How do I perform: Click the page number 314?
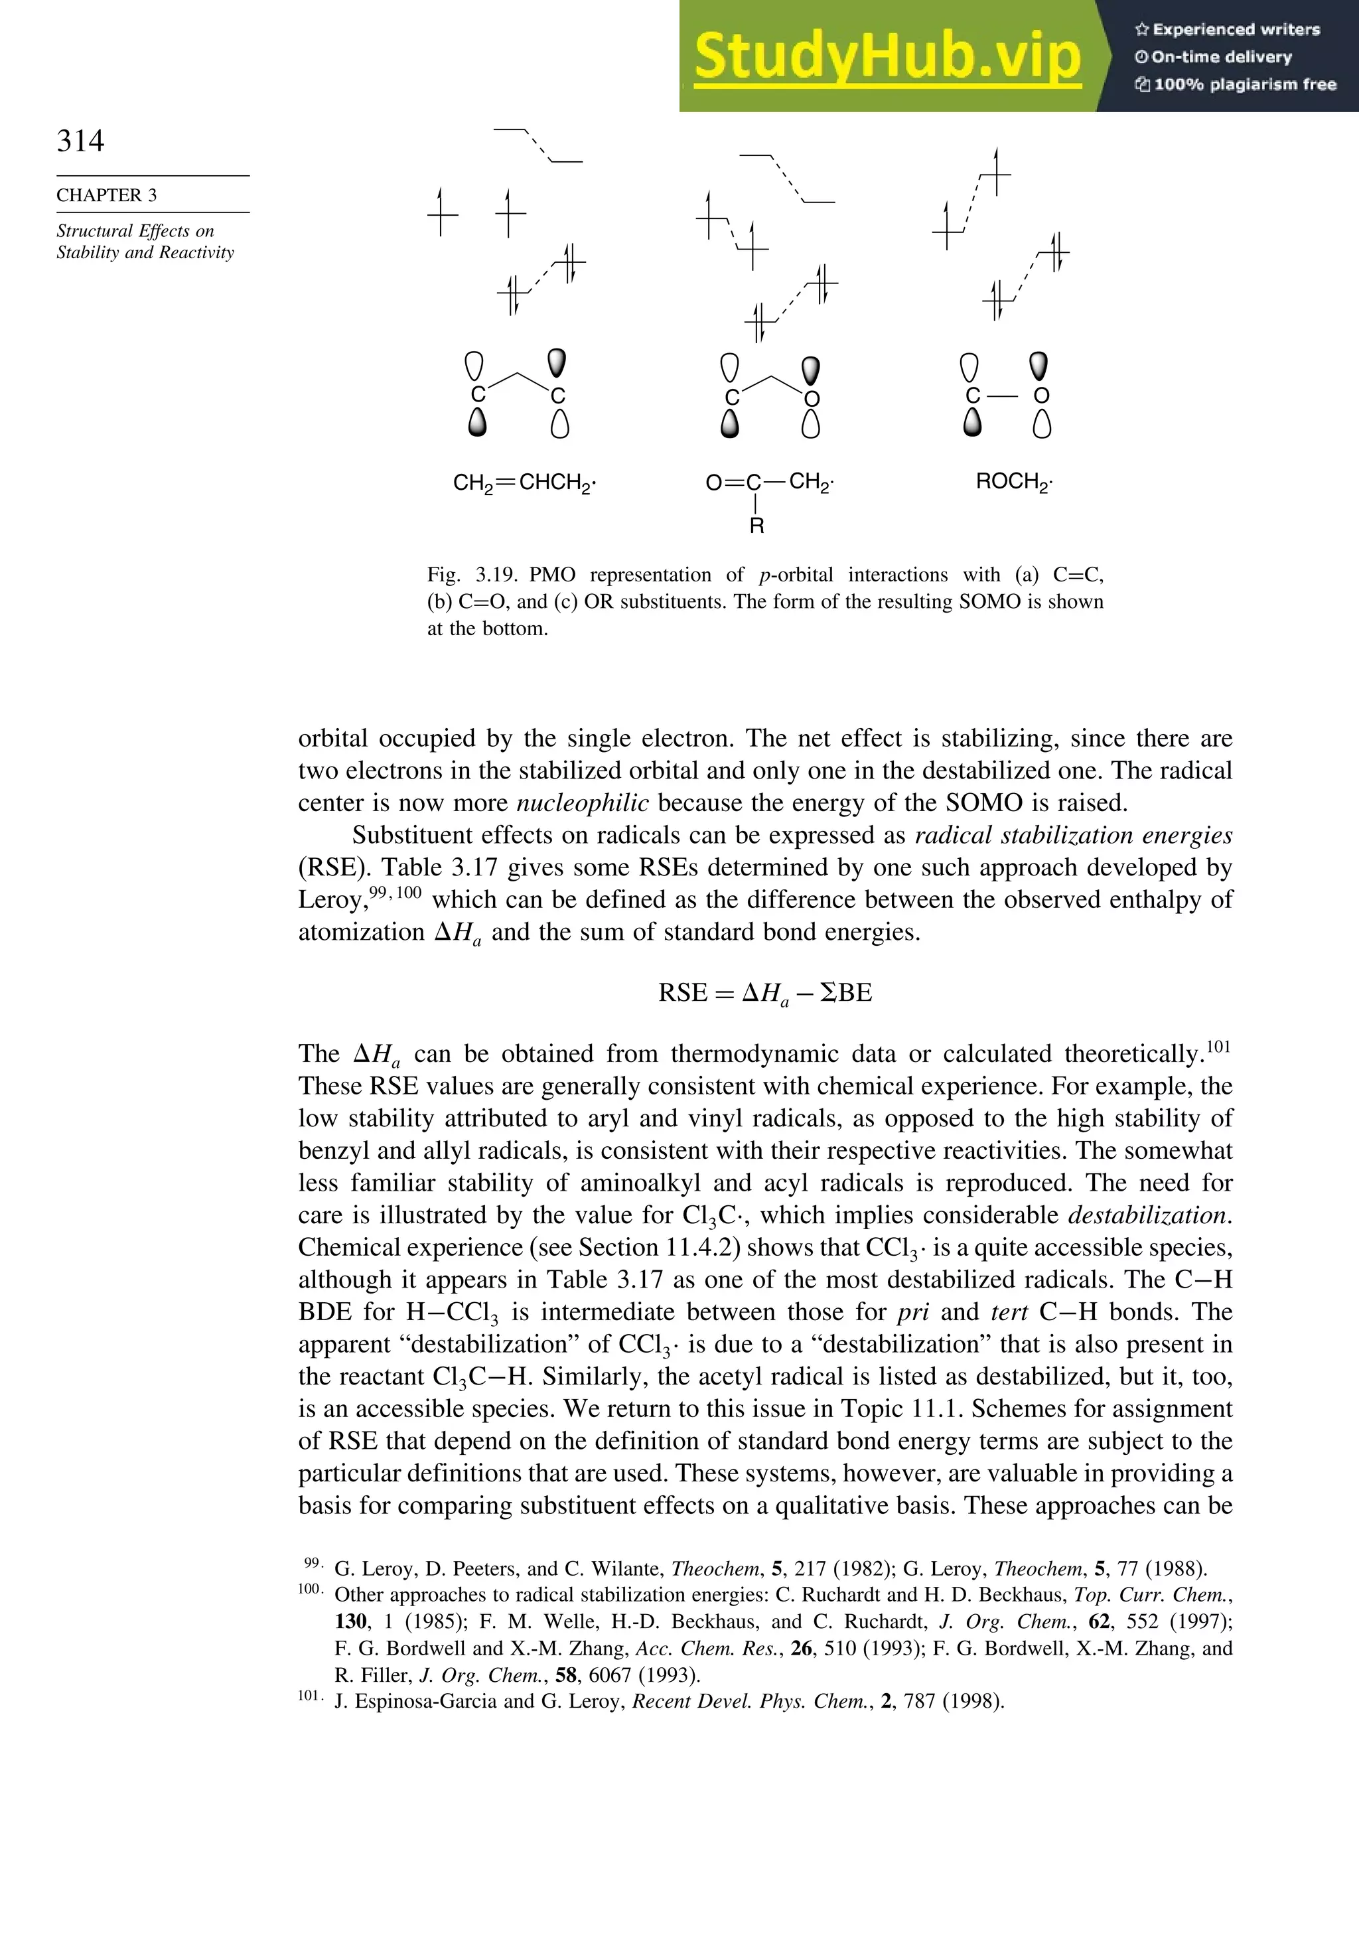click(80, 141)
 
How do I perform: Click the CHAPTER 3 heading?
click(107, 195)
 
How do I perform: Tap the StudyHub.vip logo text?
click(887, 56)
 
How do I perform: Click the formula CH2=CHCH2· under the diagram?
click(524, 483)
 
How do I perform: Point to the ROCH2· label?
click(1013, 482)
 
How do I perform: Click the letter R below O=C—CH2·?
click(757, 526)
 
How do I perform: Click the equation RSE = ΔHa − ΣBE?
click(764, 993)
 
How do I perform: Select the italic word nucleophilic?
click(583, 802)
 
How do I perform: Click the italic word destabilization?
click(1147, 1215)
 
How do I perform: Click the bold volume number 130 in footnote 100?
click(351, 1621)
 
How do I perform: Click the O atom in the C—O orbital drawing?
click(1042, 396)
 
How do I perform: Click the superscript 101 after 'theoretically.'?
click(1218, 1048)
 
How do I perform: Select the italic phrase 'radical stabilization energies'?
click(1073, 836)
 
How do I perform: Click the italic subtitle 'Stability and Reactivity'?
click(145, 253)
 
